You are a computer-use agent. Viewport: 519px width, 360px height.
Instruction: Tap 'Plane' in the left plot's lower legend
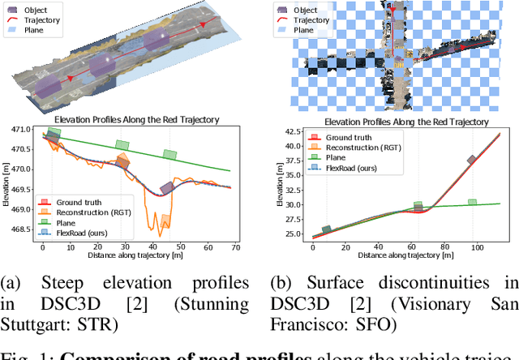tap(69, 222)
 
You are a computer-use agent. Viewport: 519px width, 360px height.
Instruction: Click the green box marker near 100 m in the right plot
tap(472, 203)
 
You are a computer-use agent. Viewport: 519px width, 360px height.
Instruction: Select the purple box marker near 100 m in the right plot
tap(472, 160)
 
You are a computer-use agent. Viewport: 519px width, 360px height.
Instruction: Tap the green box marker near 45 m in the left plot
tap(169, 155)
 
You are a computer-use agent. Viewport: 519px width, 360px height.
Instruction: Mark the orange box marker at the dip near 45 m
tap(165, 220)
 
